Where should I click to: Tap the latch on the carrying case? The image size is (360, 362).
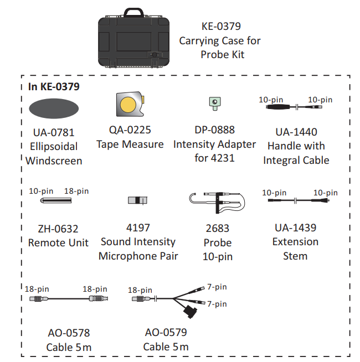point(155,54)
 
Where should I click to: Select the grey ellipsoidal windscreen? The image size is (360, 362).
point(54,108)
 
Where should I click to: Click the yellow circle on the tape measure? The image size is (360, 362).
point(128,105)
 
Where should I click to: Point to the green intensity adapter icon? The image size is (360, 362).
point(215,104)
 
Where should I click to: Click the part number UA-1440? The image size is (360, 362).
point(296,132)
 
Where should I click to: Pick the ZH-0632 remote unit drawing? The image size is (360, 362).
point(56,200)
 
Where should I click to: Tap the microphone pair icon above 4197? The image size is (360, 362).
point(137,200)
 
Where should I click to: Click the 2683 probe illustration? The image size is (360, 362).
point(217,203)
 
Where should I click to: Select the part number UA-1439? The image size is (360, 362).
point(295,228)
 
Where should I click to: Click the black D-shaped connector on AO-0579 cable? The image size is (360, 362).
point(191,312)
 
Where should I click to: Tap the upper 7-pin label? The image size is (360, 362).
point(217,287)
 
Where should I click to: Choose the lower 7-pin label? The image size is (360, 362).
point(217,304)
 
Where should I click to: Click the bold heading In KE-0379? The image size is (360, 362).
point(54,86)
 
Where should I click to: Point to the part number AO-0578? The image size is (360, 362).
point(69,333)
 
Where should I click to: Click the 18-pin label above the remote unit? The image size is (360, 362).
point(76,191)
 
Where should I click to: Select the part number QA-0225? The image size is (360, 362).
point(130,130)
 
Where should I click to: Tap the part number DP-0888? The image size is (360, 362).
point(215,130)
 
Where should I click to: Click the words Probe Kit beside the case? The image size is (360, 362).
point(222,55)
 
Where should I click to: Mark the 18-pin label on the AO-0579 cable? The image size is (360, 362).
point(140,290)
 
